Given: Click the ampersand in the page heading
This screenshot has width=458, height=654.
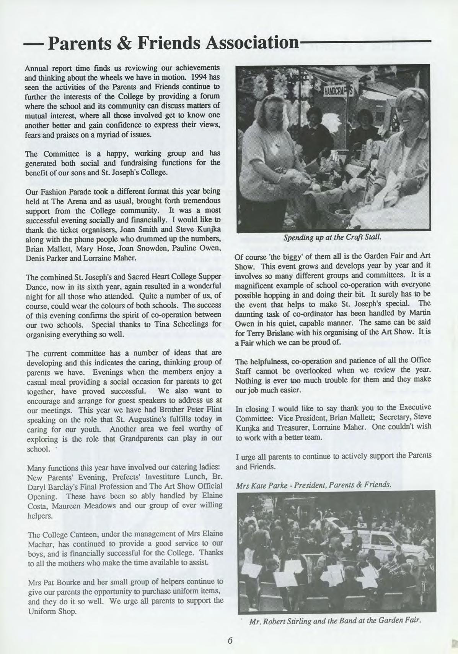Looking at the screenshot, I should (x=135, y=45).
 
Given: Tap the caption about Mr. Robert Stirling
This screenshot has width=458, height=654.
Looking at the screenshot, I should (x=335, y=620).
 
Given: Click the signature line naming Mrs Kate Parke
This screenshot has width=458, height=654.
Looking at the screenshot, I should (x=314, y=485).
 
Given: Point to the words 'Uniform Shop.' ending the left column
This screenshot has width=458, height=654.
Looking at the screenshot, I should (x=53, y=611).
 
